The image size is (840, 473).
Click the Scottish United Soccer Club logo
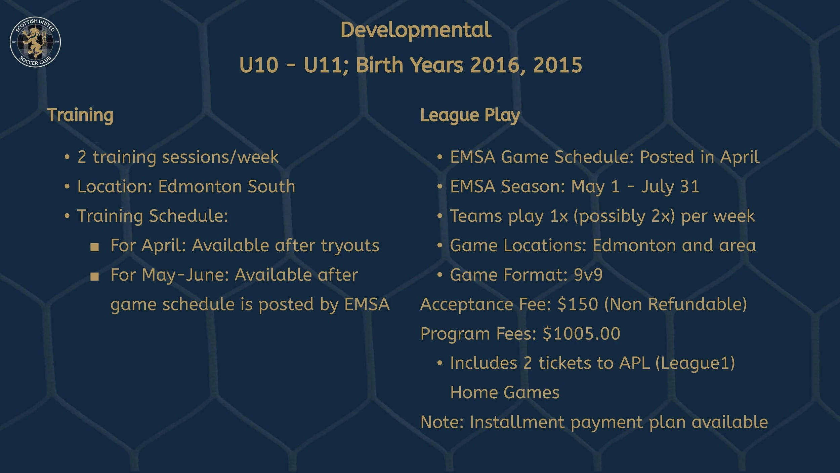click(x=35, y=42)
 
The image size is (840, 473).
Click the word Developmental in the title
click(x=416, y=30)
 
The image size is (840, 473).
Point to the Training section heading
click(x=80, y=115)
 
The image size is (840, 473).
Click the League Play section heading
click(x=470, y=115)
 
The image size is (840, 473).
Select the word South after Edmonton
click(x=271, y=186)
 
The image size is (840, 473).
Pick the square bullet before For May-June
click(x=95, y=277)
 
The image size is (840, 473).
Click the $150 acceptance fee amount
click(x=578, y=304)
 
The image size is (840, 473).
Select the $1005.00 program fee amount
click(x=581, y=334)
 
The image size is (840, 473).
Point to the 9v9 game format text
click(x=588, y=275)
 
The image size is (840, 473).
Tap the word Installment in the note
click(x=517, y=422)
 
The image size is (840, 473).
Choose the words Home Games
click(x=505, y=393)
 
